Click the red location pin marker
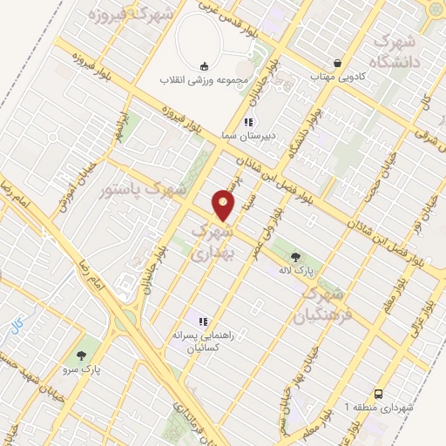[225, 206]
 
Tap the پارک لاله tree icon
[295, 257]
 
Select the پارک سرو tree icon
[81, 355]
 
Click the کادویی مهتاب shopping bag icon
[337, 63]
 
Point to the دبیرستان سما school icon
[248, 122]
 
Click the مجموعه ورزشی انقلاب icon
[204, 66]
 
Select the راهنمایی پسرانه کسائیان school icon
[203, 321]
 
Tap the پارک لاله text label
[296, 273]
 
